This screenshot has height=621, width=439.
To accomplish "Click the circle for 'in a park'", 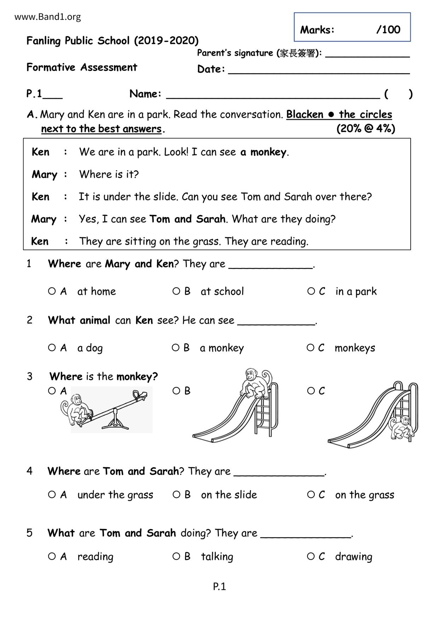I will coord(311,291).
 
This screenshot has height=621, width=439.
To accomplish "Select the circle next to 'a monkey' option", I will coord(176,348).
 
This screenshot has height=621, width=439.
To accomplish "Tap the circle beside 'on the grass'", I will coord(311,494).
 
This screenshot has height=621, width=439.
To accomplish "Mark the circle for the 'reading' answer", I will coord(52,556).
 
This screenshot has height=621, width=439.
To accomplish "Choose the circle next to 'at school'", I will coord(176,291).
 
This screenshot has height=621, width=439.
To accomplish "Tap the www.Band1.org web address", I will coord(47,17).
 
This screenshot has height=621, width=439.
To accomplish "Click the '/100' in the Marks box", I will coord(388,30).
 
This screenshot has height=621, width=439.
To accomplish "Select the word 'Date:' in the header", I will coord(211,69).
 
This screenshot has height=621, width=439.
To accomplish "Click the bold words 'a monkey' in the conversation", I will coord(263,152).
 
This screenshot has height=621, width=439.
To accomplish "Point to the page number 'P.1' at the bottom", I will coord(219,587).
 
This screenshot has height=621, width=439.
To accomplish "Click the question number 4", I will coord(29,471).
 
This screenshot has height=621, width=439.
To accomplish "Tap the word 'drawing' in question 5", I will coord(353,557).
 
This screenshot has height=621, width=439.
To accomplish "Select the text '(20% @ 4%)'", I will coord(366,128).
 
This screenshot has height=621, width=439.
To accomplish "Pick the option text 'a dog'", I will coord(90,348).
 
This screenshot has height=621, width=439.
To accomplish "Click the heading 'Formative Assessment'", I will coord(82,67).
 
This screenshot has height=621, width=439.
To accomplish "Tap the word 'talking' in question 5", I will coord(217,557).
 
